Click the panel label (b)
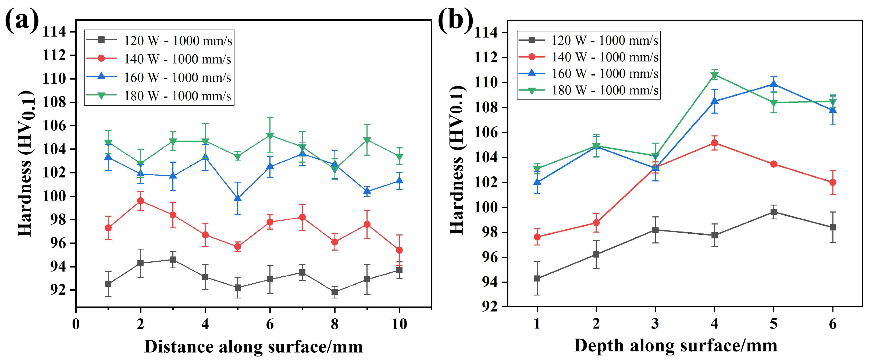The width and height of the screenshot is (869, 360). [x=455, y=21]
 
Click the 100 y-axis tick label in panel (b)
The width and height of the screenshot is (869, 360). [x=486, y=208]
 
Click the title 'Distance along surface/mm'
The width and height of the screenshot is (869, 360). [x=254, y=347]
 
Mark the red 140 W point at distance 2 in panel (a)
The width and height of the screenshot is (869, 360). [x=140, y=201]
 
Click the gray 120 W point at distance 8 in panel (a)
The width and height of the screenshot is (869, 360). [x=335, y=292]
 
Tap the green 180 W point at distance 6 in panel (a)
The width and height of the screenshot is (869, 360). [x=270, y=136]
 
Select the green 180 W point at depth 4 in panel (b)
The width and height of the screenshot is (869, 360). [x=714, y=75]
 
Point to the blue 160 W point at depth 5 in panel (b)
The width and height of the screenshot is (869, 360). [x=774, y=84]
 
